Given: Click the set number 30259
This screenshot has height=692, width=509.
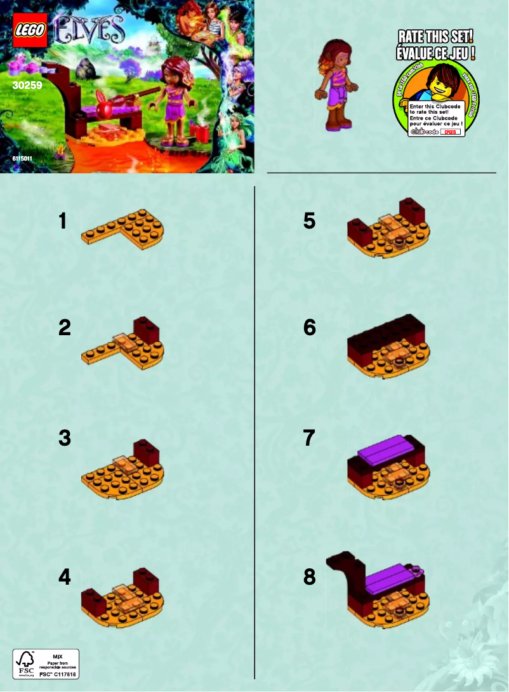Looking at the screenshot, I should click(26, 84).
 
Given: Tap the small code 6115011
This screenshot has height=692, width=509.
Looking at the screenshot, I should click(22, 158).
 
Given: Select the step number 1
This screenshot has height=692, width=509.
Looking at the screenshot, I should click(63, 222).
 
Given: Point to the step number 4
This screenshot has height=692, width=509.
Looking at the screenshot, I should click(64, 577).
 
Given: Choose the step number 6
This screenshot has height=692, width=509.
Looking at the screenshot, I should click(310, 328).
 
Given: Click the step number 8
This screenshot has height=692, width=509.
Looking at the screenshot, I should click(310, 577).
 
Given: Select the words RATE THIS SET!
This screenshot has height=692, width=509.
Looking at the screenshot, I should click(435, 36).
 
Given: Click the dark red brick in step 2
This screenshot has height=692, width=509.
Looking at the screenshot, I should click(146, 329).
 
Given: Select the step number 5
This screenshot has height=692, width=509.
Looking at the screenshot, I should click(310, 222).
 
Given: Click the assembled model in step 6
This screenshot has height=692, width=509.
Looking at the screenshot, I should click(388, 346).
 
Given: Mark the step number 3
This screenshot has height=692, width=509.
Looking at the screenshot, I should click(64, 438).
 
